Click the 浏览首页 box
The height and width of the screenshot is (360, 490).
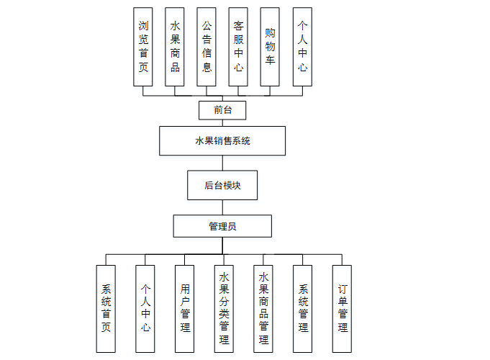144,47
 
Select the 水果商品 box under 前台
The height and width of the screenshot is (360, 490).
176,47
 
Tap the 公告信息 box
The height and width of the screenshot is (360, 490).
207,47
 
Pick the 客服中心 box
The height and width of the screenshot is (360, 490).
239,47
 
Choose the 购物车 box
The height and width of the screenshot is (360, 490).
271,47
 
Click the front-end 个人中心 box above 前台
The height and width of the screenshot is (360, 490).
303,47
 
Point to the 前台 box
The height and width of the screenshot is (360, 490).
223,110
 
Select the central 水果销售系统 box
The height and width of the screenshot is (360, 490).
222,141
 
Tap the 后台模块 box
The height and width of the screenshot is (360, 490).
222,185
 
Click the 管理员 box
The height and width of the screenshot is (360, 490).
222,226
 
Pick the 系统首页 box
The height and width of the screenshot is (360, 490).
106,308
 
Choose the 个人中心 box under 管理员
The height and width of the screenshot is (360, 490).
145,308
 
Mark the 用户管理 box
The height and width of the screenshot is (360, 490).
185,308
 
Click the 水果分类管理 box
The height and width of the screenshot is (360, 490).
224,308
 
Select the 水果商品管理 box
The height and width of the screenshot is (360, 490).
263,308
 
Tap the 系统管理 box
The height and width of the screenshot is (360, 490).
303,308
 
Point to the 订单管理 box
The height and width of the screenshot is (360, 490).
342,308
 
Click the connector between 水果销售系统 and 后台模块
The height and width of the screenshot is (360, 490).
222,163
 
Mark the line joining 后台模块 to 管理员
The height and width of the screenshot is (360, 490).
222,207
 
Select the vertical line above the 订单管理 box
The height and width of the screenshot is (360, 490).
342,259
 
